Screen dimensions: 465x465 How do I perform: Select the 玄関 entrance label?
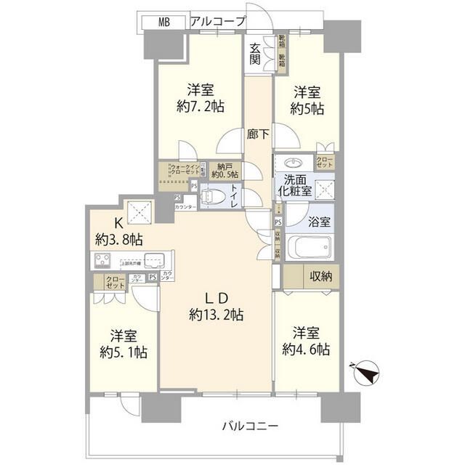click(x=255, y=54)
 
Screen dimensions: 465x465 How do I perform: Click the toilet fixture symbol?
click(x=211, y=195)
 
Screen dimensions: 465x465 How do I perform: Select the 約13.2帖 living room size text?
click(x=216, y=315)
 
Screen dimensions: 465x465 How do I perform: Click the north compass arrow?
click(x=367, y=373)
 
